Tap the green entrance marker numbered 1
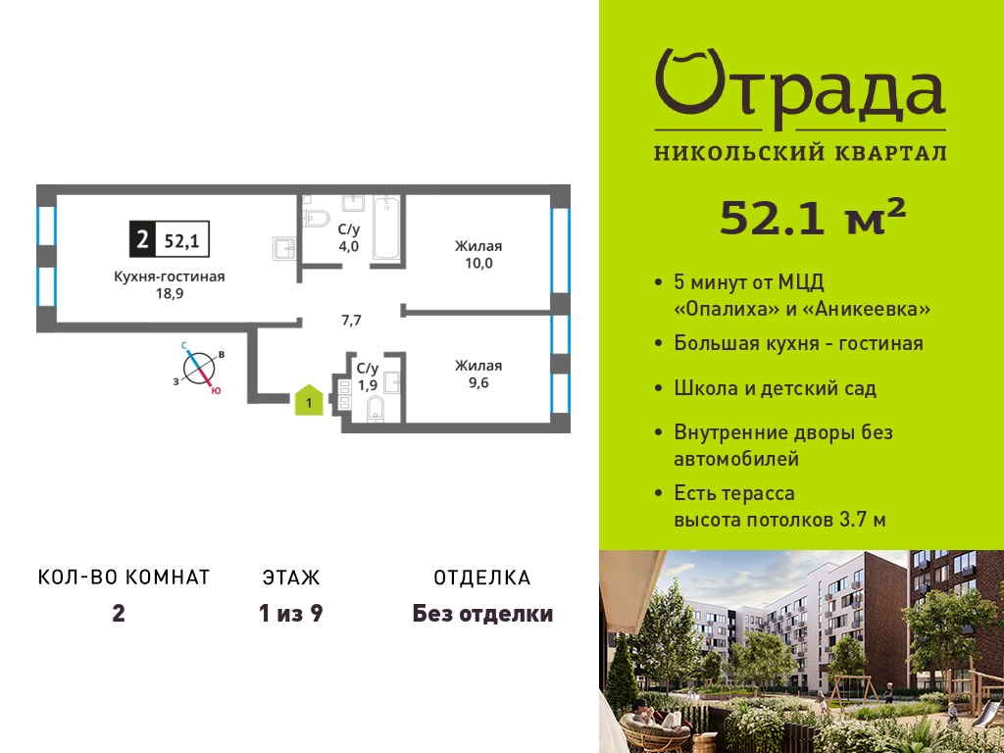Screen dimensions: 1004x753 (x=309, y=400)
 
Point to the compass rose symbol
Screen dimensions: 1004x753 (x=199, y=369)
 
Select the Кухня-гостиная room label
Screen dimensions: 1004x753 (x=169, y=276)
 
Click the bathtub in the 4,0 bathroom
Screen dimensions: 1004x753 (x=386, y=228)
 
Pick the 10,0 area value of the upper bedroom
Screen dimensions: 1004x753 (x=478, y=263)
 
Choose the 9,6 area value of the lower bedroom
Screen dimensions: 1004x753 (x=478, y=383)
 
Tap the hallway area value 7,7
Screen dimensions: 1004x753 (x=351, y=321)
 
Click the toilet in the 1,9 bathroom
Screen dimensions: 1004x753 (x=376, y=409)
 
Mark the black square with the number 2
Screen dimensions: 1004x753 (x=142, y=239)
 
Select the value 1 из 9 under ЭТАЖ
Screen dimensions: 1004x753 (x=290, y=614)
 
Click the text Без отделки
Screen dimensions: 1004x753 (x=482, y=614)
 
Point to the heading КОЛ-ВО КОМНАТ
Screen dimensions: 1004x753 (x=125, y=577)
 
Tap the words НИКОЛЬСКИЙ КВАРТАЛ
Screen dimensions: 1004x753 (x=800, y=154)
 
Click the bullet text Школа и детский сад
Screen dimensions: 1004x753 (x=775, y=388)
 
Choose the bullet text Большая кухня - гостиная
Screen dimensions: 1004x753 (x=798, y=343)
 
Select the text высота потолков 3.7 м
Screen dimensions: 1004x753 (x=779, y=520)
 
